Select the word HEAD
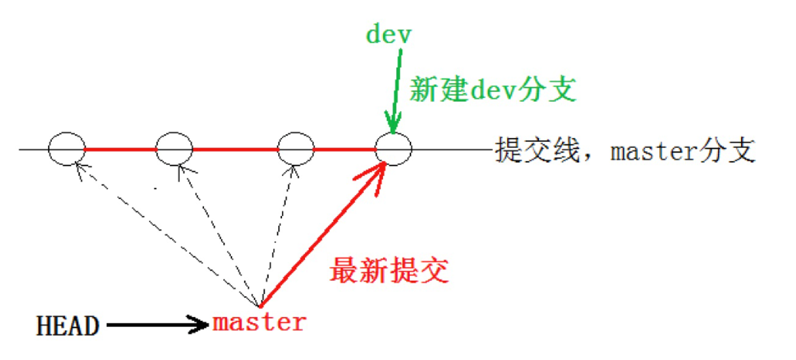coord(68,327)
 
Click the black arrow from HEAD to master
coord(157,325)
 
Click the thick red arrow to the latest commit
coord(323,233)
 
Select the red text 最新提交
coord(389,271)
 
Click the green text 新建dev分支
coord(492,90)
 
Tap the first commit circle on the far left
coord(66,149)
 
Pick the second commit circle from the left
coord(175,149)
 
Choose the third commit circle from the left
coord(295,149)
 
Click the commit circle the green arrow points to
coord(393,149)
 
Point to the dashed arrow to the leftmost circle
coord(166,233)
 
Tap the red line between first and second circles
coord(120,150)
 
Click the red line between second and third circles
coord(235,150)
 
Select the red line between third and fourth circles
coord(344,150)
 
